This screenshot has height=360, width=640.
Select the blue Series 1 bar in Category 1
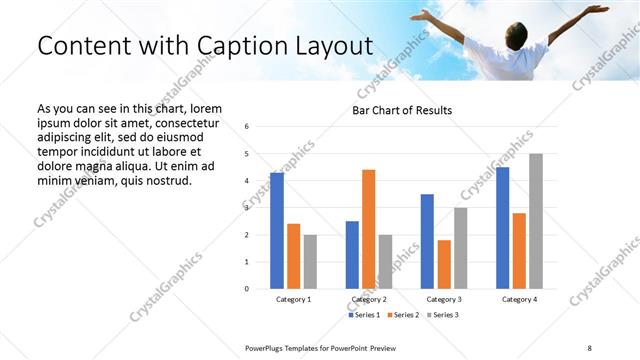coord(277,231)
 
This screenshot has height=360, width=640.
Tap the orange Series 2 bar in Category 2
coord(369,229)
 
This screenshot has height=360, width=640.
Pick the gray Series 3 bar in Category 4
coord(536,221)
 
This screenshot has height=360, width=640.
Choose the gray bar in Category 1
coord(311,262)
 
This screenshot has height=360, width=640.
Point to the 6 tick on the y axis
coord(247,127)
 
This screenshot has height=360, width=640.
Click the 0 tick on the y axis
coord(247,289)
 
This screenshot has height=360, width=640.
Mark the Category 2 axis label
coord(369,299)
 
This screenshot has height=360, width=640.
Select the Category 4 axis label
coord(519,299)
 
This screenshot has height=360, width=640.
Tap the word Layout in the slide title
coord(329,46)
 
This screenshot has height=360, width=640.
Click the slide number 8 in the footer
coord(589,347)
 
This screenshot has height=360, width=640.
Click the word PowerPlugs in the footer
coord(266,347)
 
